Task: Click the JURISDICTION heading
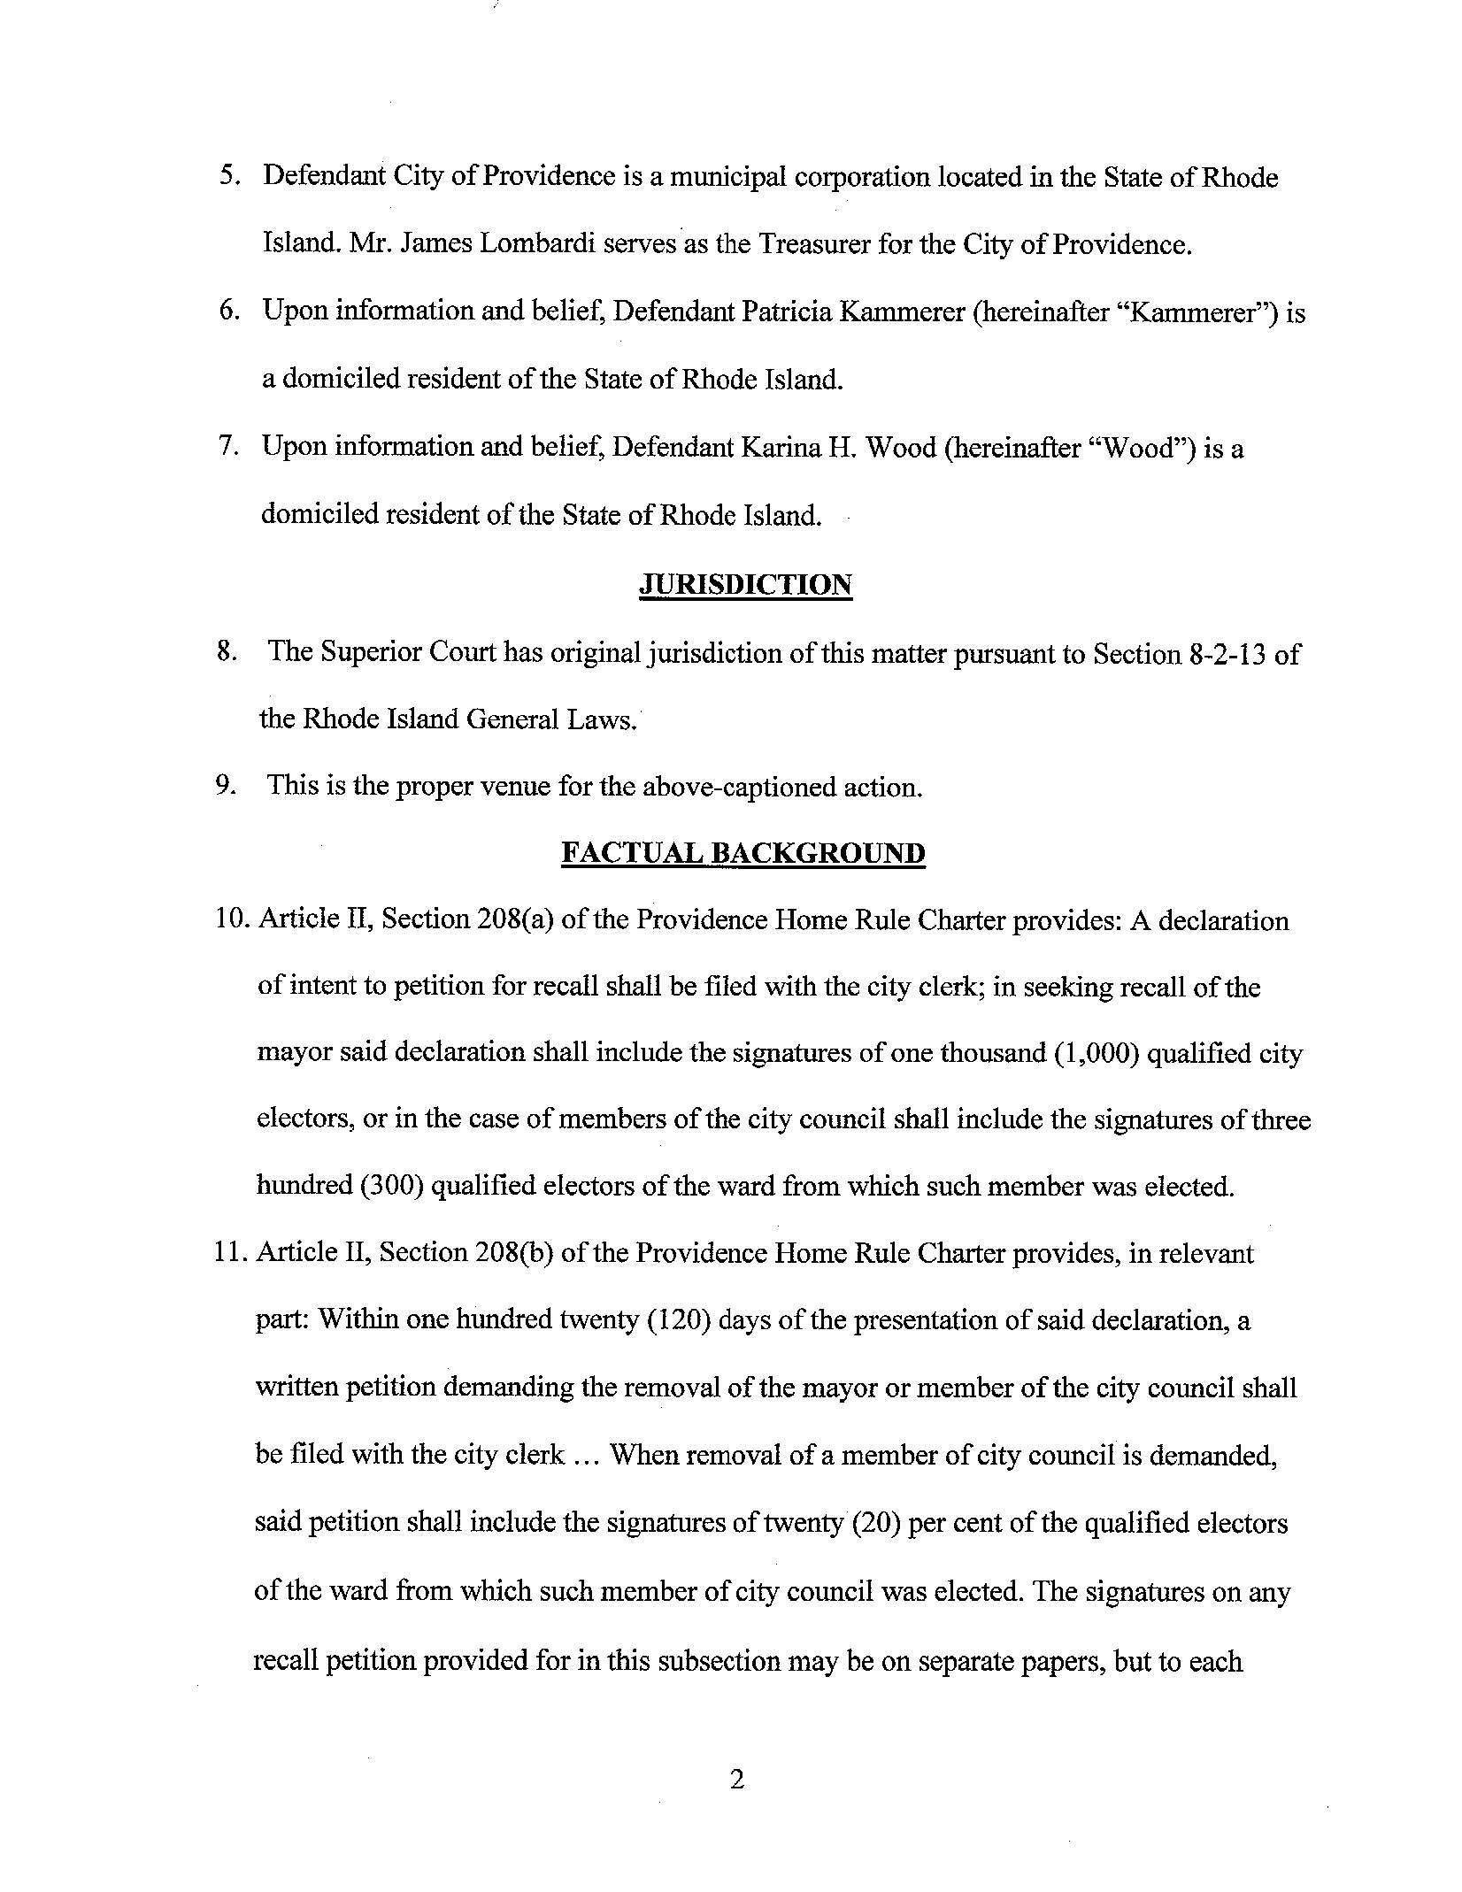tap(745, 585)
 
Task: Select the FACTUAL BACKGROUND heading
tap(743, 853)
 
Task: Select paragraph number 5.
tap(227, 177)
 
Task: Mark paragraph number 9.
tap(225, 786)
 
